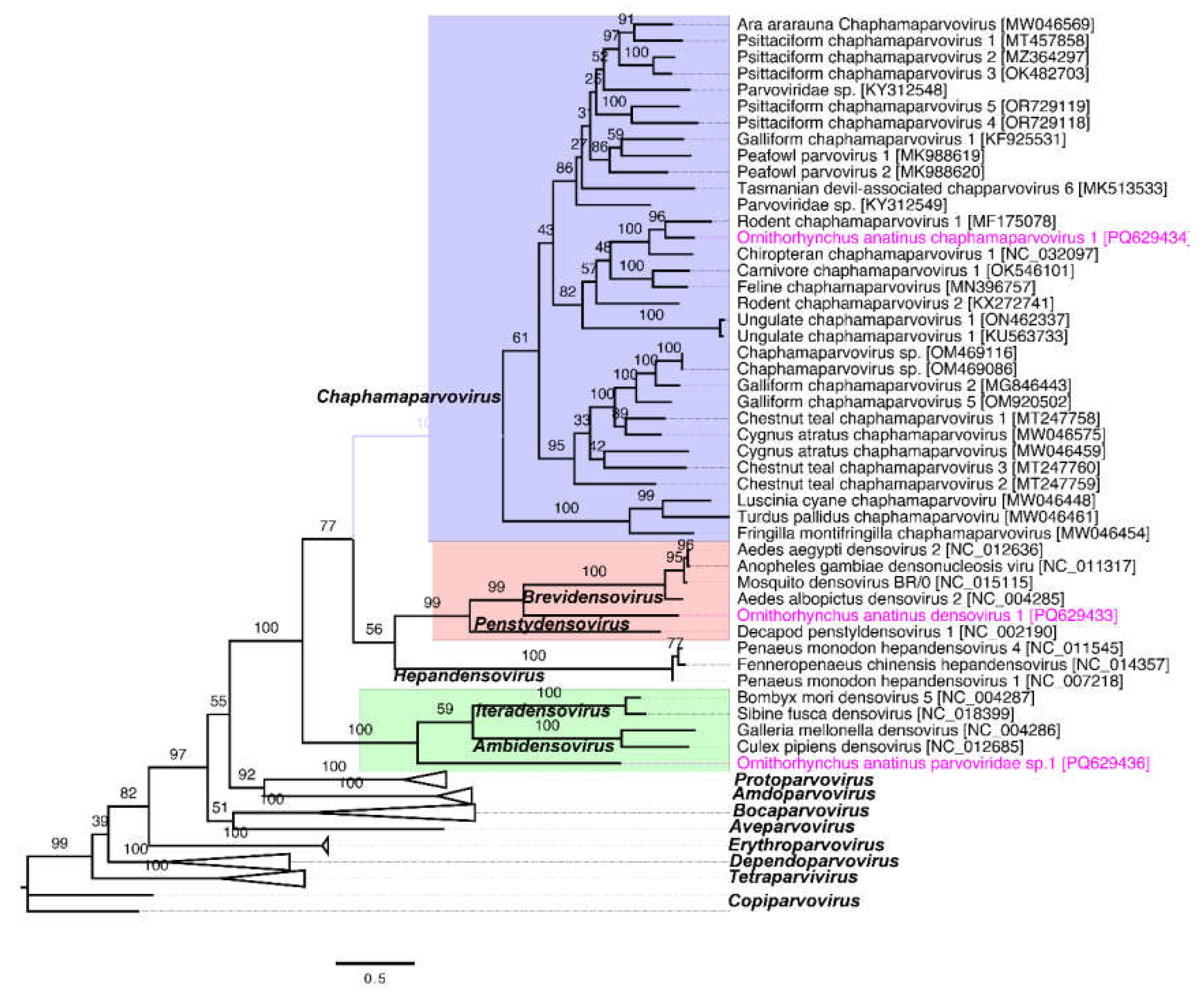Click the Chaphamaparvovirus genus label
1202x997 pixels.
[x=408, y=397]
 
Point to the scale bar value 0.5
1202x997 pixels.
[x=374, y=978]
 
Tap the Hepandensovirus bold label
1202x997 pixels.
[x=469, y=676]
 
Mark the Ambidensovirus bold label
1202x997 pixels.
[x=543, y=746]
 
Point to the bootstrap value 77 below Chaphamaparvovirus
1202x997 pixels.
[x=327, y=526]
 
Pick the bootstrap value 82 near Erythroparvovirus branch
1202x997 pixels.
[x=128, y=793]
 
